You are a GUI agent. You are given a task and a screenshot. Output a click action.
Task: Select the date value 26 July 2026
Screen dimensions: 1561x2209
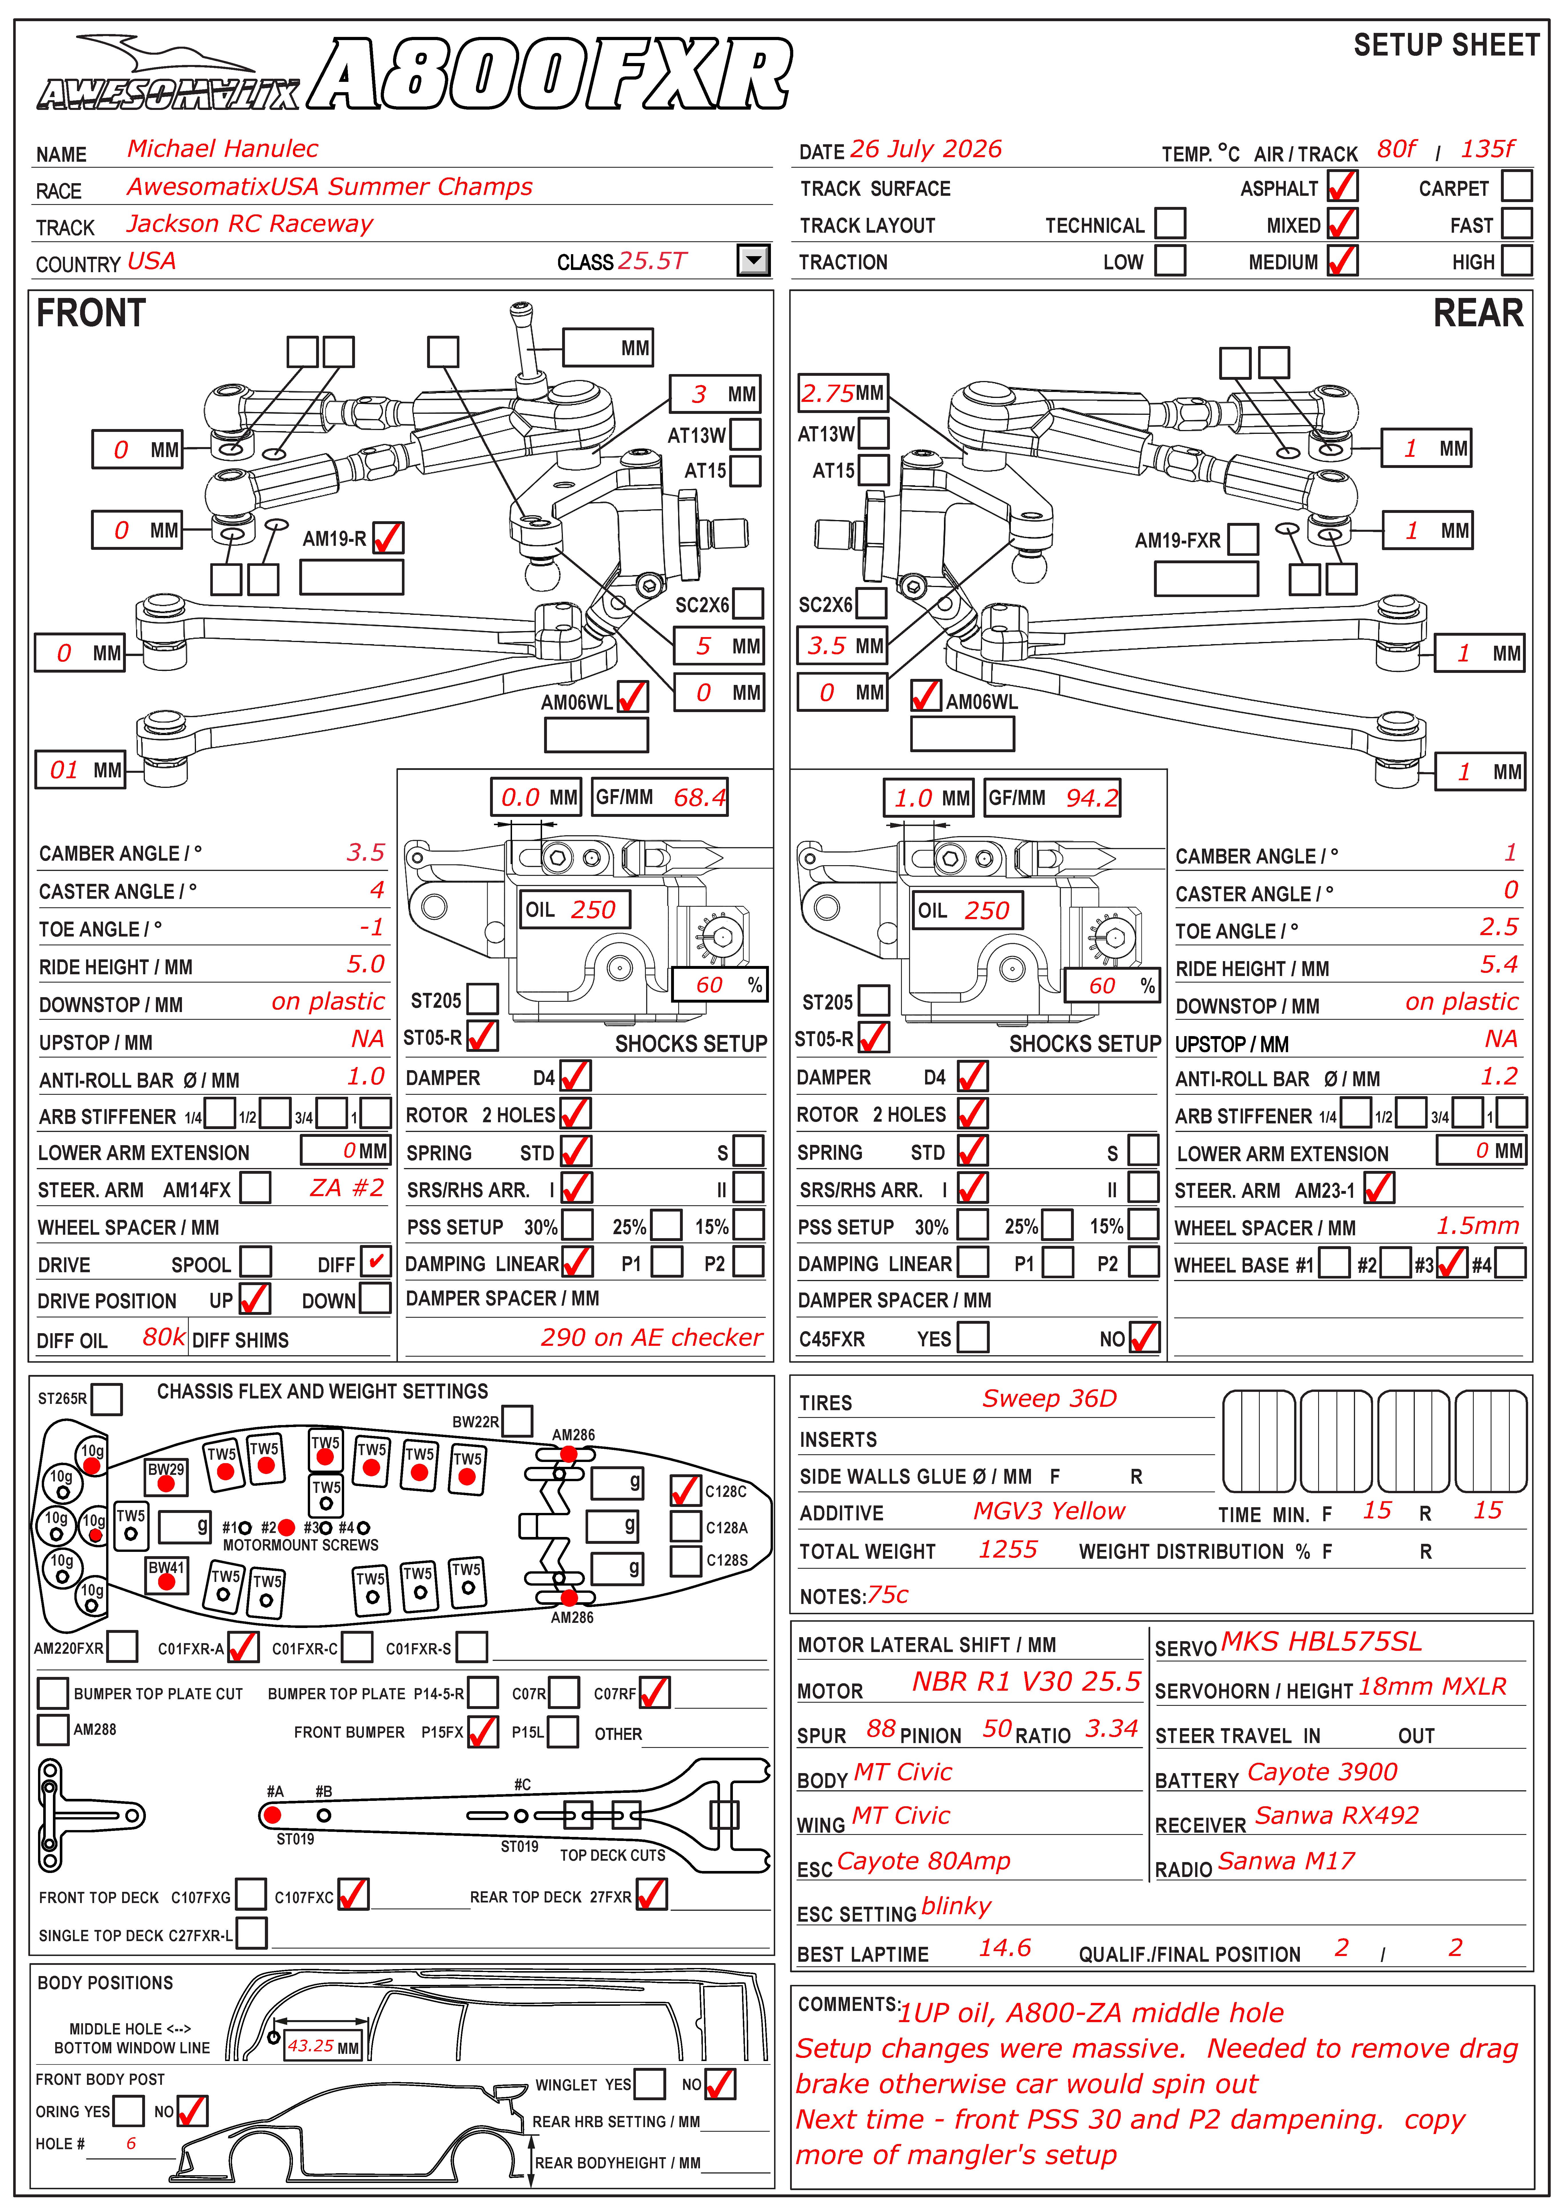pos(925,149)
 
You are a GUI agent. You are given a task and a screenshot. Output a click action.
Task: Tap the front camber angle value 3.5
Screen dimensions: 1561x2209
pos(366,852)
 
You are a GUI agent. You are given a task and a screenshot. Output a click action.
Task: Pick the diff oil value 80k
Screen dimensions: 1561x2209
pos(164,1337)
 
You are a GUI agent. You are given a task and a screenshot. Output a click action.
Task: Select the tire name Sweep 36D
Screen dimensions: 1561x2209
pos(1049,1399)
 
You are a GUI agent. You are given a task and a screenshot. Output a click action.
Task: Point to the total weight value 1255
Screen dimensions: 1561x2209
pos(1008,1549)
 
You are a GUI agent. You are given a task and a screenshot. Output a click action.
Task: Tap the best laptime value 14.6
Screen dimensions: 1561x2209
pos(1005,1948)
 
